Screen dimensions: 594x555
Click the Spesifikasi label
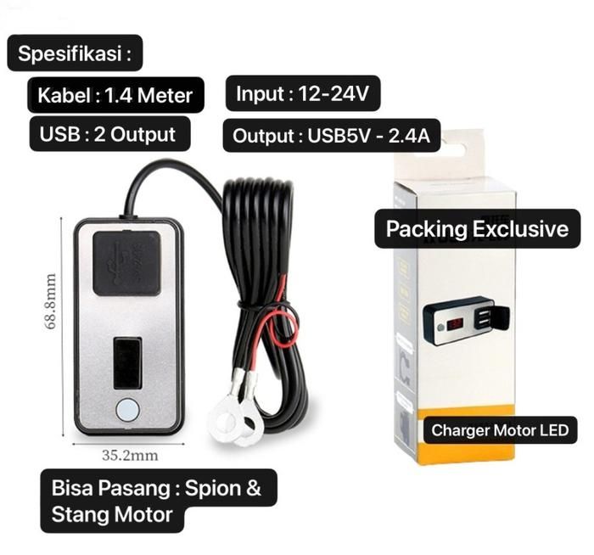coord(75,56)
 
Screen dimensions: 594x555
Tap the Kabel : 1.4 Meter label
coord(115,95)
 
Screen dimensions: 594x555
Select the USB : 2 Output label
coord(107,134)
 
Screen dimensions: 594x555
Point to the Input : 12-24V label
coord(302,94)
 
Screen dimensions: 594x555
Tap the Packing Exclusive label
coord(477,229)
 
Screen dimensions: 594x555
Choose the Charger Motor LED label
coord(499,429)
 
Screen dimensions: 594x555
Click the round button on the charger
coord(126,410)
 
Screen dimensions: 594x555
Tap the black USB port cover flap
coord(126,264)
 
